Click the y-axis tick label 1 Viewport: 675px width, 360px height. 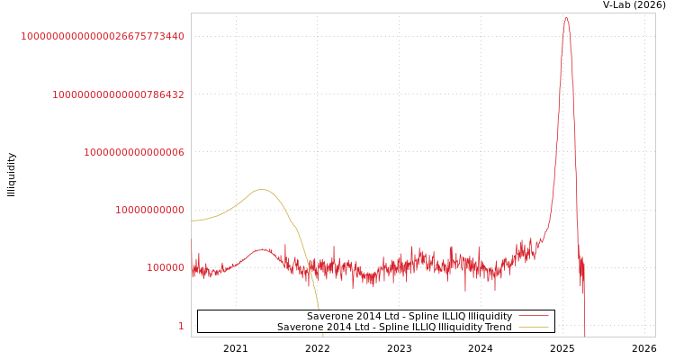[181, 326]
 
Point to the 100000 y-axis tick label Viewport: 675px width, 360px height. [166, 268]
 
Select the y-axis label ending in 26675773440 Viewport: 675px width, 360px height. [103, 37]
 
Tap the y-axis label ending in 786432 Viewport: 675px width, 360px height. [119, 94]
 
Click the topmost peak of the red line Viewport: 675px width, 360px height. [566, 18]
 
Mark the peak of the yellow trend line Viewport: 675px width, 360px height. [262, 189]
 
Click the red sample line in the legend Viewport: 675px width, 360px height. [534, 316]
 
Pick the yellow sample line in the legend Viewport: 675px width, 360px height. [534, 327]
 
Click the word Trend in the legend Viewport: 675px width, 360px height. [497, 327]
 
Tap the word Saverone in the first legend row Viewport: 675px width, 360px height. [329, 316]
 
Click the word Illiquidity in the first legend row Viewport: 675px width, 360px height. [490, 316]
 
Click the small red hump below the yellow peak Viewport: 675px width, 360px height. [262, 250]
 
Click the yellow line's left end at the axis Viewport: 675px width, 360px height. [192, 220]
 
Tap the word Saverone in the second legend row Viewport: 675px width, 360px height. [300, 327]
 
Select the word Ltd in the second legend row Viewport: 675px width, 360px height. [357, 327]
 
